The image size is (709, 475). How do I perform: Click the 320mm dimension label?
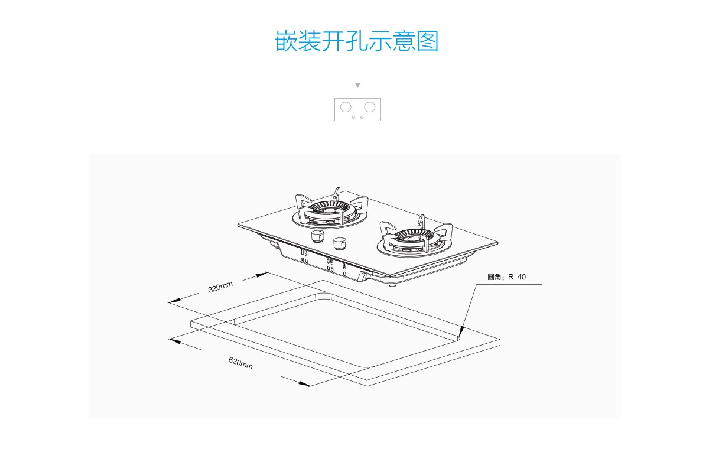(220, 288)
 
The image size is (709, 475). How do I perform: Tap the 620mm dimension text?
(240, 363)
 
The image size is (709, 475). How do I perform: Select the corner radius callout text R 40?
(506, 276)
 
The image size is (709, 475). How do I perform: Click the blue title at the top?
(357, 41)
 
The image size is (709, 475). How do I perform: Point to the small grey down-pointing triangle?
(357, 86)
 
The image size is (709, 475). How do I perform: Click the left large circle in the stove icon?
(346, 107)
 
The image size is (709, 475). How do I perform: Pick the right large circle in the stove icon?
(370, 107)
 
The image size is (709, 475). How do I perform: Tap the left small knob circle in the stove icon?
(353, 117)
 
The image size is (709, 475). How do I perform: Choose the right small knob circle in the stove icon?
(362, 117)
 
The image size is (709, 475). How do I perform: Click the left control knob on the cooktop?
(318, 237)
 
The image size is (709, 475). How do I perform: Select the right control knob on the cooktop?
(339, 243)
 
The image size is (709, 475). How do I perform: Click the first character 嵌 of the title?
(286, 41)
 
